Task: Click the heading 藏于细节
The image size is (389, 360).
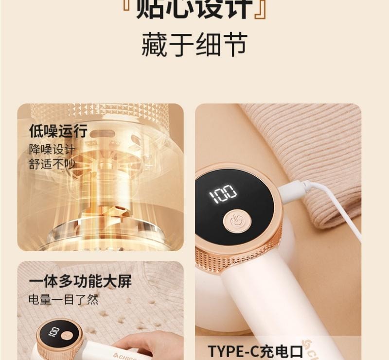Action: (x=194, y=45)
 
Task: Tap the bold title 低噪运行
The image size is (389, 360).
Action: (x=58, y=131)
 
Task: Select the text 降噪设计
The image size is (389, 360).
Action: (x=52, y=149)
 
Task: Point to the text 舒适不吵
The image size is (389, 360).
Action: (x=52, y=164)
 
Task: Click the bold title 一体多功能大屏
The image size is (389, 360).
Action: (x=80, y=281)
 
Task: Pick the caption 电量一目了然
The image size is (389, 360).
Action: (x=63, y=299)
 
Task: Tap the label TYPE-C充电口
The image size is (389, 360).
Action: (x=255, y=351)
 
